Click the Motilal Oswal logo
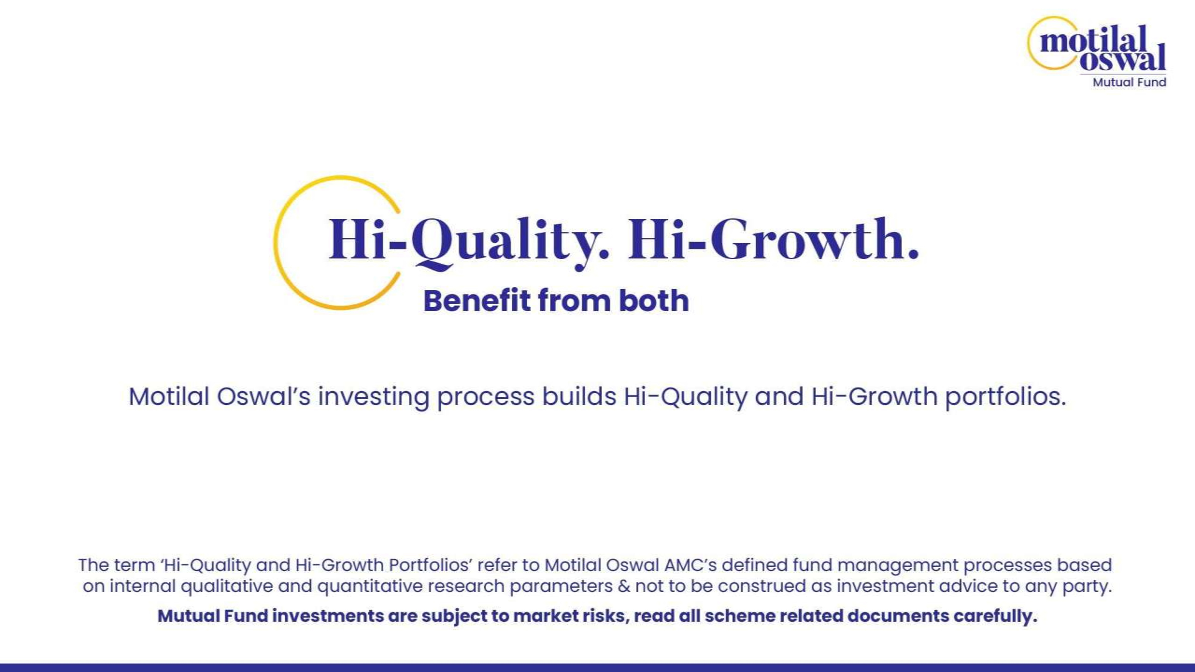[1097, 51]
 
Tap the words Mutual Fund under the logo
[1129, 82]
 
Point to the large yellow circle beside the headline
[275, 243]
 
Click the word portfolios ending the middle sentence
[1006, 397]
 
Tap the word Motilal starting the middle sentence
[169, 397]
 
